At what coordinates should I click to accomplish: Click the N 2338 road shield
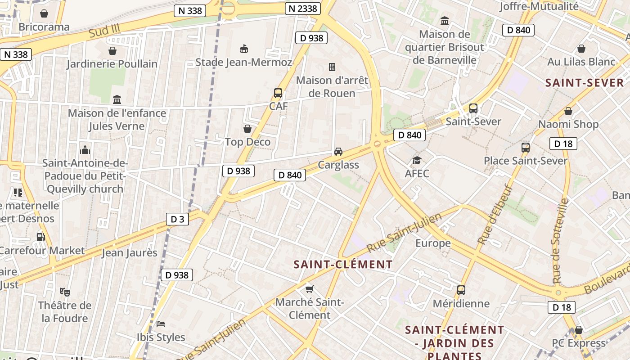click(x=303, y=8)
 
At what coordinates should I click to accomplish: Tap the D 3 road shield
click(x=177, y=219)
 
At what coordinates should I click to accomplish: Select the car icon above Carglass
click(x=338, y=152)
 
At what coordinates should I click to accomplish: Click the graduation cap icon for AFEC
click(x=417, y=160)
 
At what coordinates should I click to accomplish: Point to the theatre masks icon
click(x=65, y=292)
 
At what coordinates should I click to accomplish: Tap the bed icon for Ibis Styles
click(x=161, y=324)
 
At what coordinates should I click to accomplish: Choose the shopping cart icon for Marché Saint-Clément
click(x=309, y=289)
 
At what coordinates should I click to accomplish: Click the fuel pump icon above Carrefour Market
click(x=40, y=237)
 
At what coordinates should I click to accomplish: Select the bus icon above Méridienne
click(x=461, y=290)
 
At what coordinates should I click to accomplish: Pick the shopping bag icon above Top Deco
click(x=247, y=129)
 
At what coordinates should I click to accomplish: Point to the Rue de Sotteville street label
click(x=559, y=241)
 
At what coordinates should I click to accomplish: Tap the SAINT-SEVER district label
click(x=585, y=83)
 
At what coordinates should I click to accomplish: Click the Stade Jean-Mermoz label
click(x=243, y=62)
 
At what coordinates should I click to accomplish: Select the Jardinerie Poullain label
click(x=112, y=64)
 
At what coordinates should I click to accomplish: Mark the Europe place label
click(x=433, y=243)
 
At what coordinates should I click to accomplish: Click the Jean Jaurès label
click(x=130, y=252)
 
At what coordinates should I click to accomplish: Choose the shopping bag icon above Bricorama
click(x=44, y=13)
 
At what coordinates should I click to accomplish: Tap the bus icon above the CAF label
click(x=278, y=93)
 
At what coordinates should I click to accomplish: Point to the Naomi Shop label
click(x=568, y=124)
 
